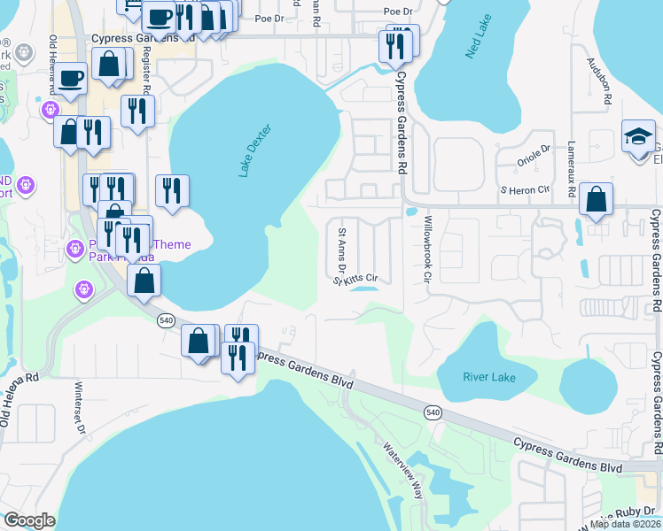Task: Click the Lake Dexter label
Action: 253,151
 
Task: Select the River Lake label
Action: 488,377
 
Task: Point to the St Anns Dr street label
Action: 341,249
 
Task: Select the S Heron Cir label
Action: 525,189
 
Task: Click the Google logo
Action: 30,520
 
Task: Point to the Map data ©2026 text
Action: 627,524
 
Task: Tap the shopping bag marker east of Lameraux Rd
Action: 597,200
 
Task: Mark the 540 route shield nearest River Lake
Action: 433,412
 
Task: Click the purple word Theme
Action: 173,244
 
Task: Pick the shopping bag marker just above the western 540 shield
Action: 144,280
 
